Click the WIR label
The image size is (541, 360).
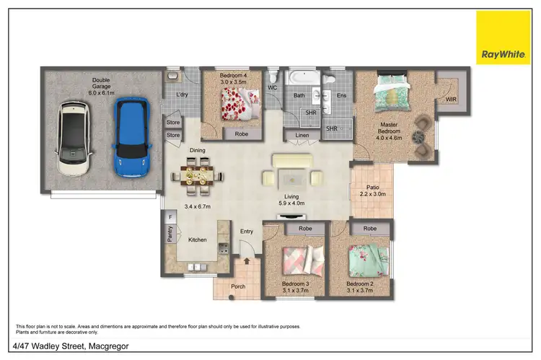click(x=451, y=99)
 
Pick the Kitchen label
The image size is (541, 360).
click(x=198, y=240)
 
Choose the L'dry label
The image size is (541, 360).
click(x=182, y=95)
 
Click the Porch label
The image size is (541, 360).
click(x=238, y=286)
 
